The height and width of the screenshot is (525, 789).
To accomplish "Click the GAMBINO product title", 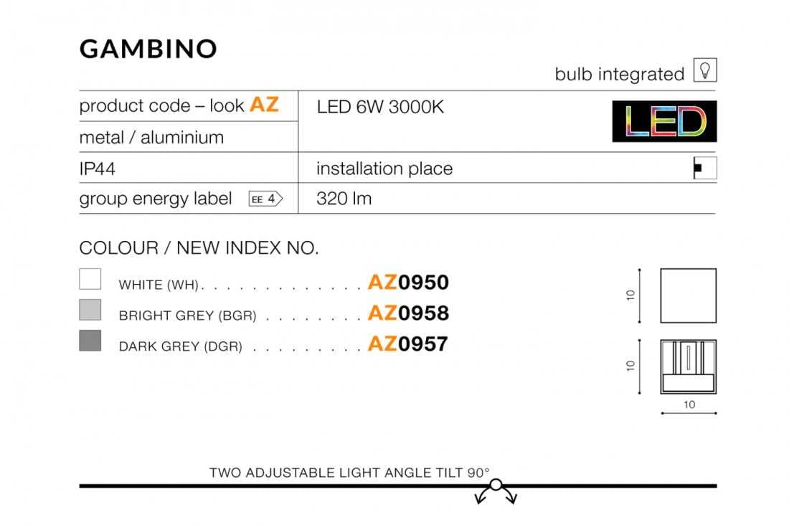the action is pos(148,49).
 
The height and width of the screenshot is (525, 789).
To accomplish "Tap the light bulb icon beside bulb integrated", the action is pos(705,70).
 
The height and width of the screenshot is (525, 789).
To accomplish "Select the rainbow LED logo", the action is pos(664,121).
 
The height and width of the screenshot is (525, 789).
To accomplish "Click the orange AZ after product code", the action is pos(264,105).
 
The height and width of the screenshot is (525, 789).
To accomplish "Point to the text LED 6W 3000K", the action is pos(380,107).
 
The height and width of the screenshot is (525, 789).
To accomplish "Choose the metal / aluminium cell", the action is pos(151,138).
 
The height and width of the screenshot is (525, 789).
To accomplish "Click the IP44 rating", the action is pos(97,169).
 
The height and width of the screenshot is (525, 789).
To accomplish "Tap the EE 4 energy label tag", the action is pos(265,199).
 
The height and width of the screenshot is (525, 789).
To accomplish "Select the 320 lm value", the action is pos(344,199).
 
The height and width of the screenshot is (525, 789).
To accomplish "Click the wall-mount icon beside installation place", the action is pos(705,168).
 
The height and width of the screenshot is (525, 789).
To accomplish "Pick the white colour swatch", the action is pos(90,279).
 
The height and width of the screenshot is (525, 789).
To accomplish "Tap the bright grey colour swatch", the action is pos(90,310).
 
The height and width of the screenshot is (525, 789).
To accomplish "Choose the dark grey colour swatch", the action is pos(90,340).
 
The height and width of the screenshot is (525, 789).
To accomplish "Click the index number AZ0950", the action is pos(408,283).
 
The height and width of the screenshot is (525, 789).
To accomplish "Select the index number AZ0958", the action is pos(408,313).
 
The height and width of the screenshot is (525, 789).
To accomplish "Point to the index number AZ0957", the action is pos(407,344).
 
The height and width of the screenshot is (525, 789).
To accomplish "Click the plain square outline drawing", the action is pos(661,295).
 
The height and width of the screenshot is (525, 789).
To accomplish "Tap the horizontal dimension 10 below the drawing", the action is pos(689,405).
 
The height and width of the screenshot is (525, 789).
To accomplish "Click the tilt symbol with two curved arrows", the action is pos(496,491).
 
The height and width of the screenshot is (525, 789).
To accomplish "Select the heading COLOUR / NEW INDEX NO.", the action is pos(199,248).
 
